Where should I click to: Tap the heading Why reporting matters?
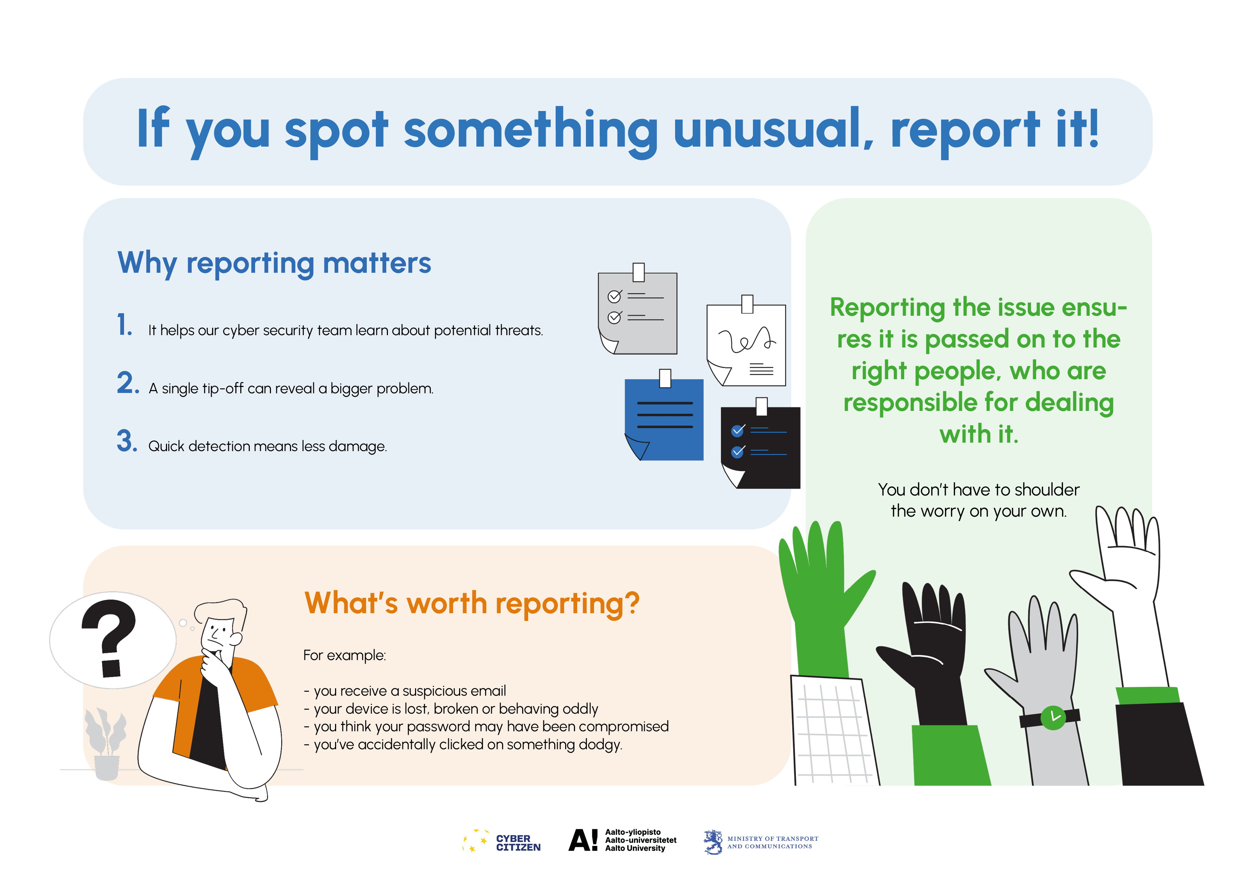[x=274, y=263]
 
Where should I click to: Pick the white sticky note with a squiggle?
[x=746, y=341]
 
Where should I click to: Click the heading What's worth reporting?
[x=471, y=603]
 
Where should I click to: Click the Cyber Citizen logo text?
[x=518, y=843]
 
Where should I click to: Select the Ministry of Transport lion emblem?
[x=713, y=842]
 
